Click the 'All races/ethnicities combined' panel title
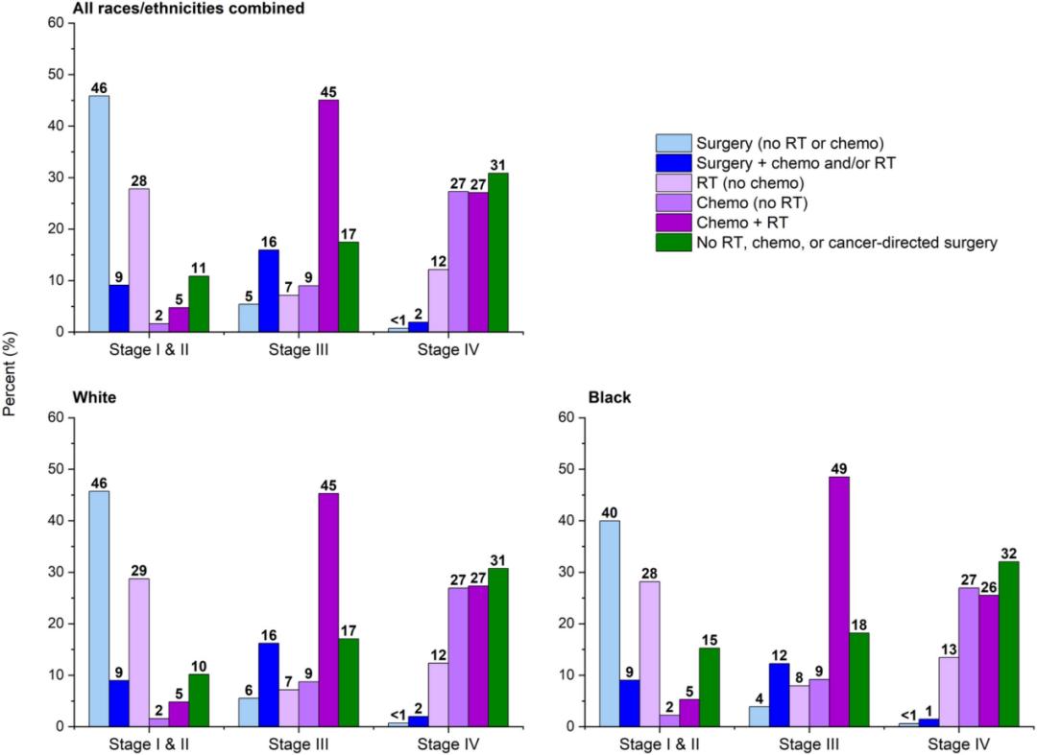coord(189,9)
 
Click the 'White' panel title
coord(94,397)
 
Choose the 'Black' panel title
coord(610,397)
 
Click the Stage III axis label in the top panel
coord(299,350)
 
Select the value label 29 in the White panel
coord(139,570)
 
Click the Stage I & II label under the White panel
coord(149,744)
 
